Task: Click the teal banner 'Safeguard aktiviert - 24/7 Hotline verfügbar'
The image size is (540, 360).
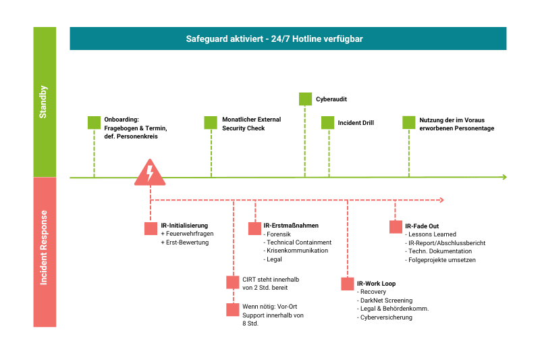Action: point(288,38)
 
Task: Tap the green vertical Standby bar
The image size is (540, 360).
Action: point(45,102)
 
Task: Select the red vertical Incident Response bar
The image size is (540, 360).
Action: point(45,252)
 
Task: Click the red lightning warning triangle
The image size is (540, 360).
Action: point(150,174)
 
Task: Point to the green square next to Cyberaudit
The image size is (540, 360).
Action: point(305,99)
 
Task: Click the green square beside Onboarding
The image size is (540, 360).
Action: point(94,122)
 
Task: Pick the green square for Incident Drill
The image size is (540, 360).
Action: point(327,122)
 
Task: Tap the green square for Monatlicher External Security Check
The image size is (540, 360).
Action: point(211,122)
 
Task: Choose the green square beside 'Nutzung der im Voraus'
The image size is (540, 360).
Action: point(409,122)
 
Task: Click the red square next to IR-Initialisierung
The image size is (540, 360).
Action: point(151,228)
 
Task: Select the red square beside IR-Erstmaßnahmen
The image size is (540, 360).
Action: point(254,228)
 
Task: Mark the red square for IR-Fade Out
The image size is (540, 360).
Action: point(396,227)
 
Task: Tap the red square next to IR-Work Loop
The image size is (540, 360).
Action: point(347,284)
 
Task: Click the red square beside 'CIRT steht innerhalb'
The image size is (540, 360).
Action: point(232,282)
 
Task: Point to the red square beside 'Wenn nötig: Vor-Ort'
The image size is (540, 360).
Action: point(232,309)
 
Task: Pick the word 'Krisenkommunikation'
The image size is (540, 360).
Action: point(297,251)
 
